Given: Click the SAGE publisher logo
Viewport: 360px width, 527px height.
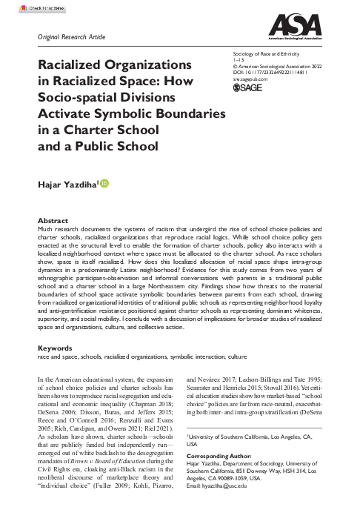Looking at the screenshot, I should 247,109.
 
